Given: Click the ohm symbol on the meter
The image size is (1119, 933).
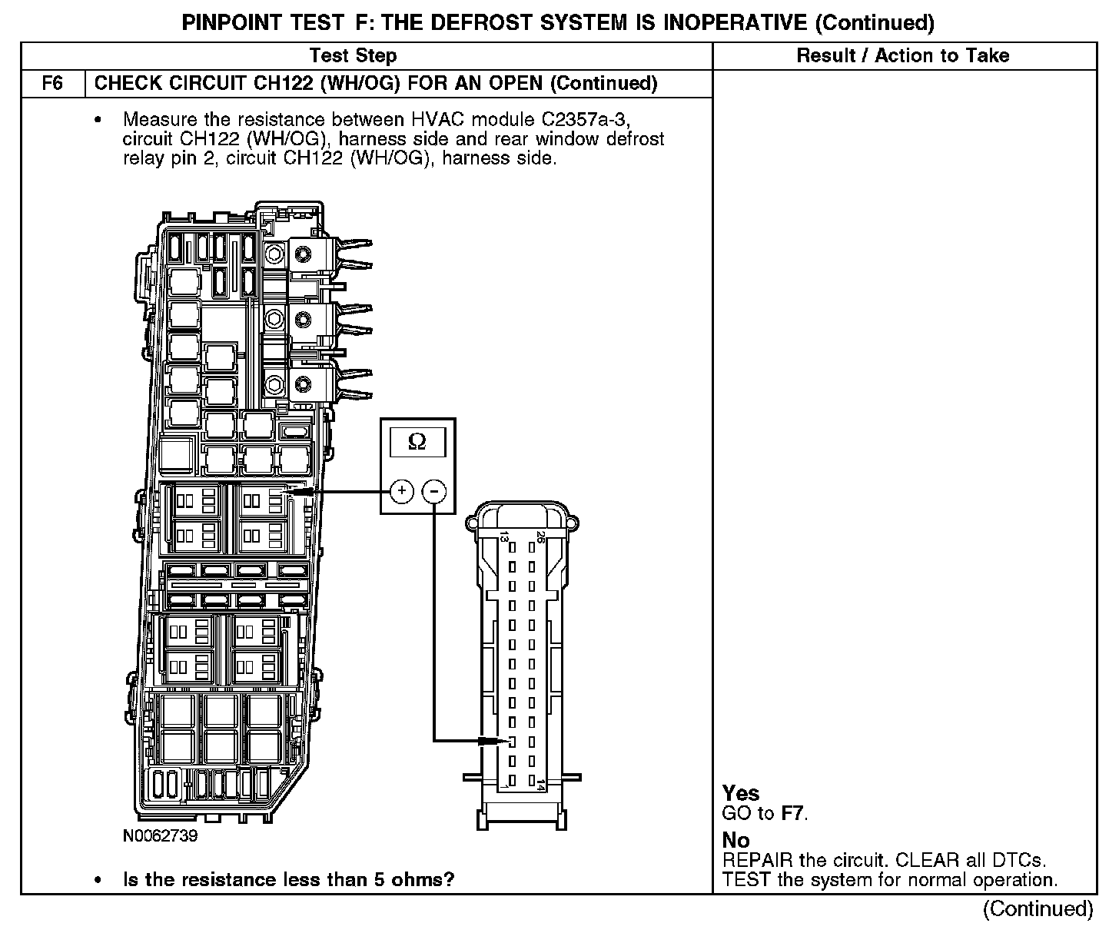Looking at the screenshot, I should (417, 441).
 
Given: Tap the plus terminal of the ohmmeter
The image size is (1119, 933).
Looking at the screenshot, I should (402, 490).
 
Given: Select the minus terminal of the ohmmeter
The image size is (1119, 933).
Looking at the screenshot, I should (435, 490).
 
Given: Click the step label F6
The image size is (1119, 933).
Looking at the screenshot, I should (52, 83).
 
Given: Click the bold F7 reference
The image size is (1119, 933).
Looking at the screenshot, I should (793, 813).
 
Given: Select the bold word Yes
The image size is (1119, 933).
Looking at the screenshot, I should (741, 794).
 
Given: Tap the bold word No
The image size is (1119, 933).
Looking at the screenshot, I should (735, 841).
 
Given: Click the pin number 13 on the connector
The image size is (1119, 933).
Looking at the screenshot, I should (504, 537).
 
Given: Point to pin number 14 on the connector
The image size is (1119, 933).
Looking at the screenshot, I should (541, 785).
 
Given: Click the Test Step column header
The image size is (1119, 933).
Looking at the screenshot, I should (354, 55).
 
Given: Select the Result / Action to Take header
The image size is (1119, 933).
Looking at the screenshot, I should (903, 55).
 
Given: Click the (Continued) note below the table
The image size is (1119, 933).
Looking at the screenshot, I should (1038, 908).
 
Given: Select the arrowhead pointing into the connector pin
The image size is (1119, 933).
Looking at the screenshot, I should (492, 741).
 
